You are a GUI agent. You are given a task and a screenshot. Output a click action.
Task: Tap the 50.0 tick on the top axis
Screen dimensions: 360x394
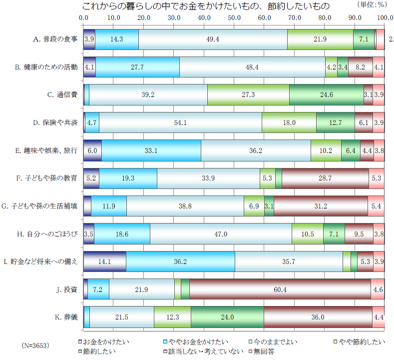pyautogui.click(x=234, y=18)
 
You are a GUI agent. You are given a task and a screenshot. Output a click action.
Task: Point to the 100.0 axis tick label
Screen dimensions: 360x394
pyautogui.click(x=385, y=18)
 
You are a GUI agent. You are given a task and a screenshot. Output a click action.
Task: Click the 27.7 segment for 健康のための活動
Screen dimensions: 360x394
pyautogui.click(x=137, y=67)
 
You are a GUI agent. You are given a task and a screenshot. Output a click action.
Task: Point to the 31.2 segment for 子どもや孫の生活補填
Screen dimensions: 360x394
pyautogui.click(x=321, y=206)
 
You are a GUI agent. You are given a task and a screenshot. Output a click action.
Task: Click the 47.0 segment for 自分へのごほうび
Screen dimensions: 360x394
pyautogui.click(x=221, y=234)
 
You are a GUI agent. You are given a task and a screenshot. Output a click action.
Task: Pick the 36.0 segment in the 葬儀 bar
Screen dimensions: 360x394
pyautogui.click(x=318, y=317)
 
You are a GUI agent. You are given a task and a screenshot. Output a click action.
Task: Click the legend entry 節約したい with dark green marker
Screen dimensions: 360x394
pyautogui.click(x=95, y=351)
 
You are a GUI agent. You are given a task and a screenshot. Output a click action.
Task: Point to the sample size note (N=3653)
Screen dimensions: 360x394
pyautogui.click(x=37, y=345)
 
